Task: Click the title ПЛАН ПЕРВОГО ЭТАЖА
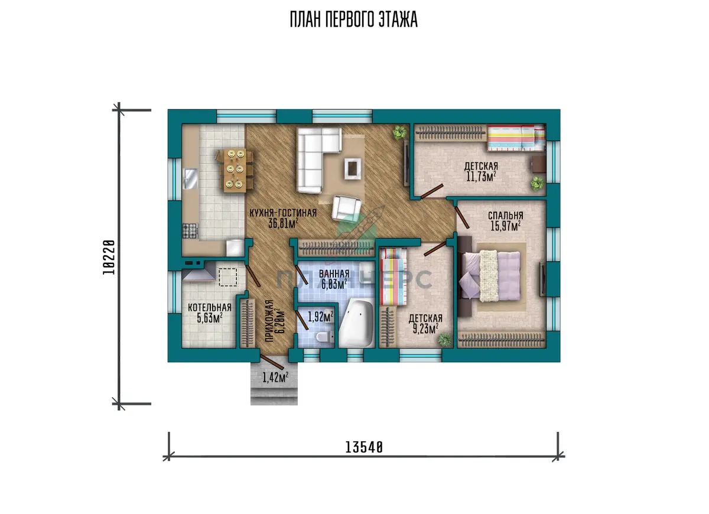(x=353, y=19)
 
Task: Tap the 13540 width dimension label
(x=364, y=448)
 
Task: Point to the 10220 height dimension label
(x=109, y=257)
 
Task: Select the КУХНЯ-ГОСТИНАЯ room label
(x=283, y=213)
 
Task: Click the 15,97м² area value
(x=506, y=226)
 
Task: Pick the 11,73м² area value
(x=481, y=177)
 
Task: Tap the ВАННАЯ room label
(x=334, y=274)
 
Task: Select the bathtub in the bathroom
(x=356, y=324)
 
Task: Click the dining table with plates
(x=235, y=170)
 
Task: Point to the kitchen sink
(x=190, y=179)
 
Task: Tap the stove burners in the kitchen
(x=190, y=231)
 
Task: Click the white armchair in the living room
(x=346, y=207)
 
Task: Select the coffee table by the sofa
(x=353, y=168)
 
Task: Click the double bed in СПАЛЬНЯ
(x=490, y=275)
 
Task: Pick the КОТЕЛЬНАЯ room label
(x=210, y=307)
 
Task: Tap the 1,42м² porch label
(x=275, y=378)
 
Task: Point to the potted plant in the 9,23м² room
(x=445, y=340)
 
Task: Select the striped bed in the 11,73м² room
(x=516, y=138)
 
